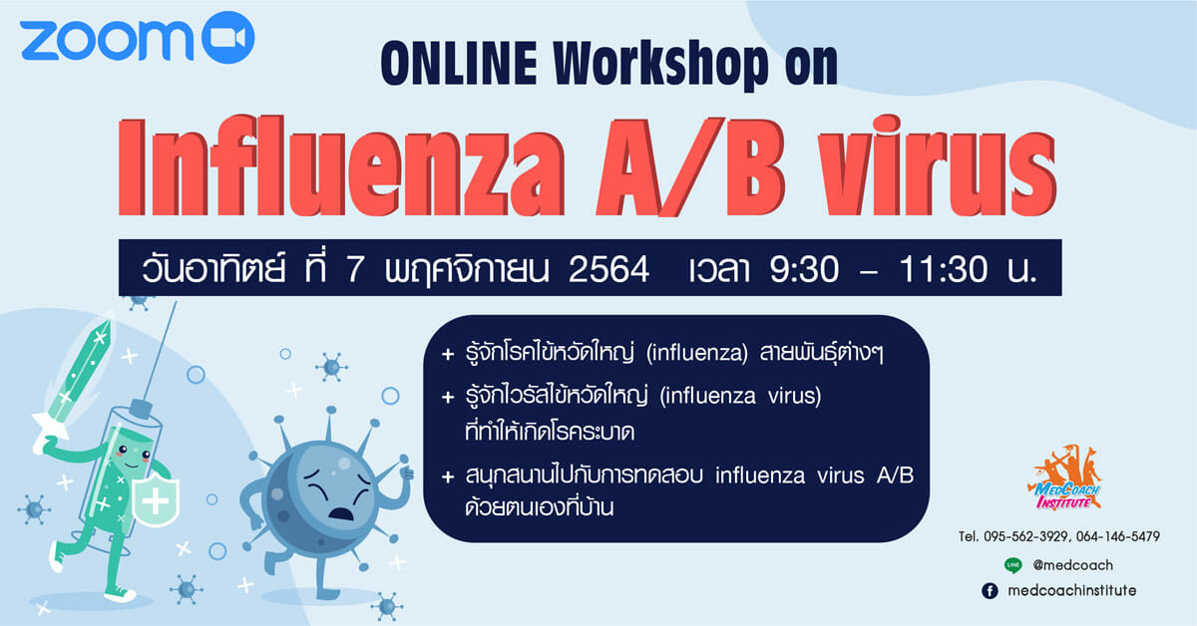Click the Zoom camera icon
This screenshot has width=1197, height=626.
[228, 38]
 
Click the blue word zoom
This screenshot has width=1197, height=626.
[107, 41]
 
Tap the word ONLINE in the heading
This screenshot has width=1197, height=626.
[459, 64]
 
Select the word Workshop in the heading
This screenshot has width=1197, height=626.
[661, 64]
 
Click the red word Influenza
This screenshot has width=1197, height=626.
[341, 166]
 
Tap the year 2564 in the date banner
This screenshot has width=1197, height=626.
[608, 269]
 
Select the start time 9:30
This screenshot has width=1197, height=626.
[804, 269]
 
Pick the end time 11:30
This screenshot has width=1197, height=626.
[944, 269]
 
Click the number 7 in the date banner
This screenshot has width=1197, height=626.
[355, 269]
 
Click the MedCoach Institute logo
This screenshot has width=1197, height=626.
[1064, 478]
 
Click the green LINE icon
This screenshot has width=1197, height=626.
[1012, 565]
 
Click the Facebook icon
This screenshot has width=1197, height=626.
[990, 591]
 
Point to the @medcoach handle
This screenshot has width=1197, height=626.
[1072, 565]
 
